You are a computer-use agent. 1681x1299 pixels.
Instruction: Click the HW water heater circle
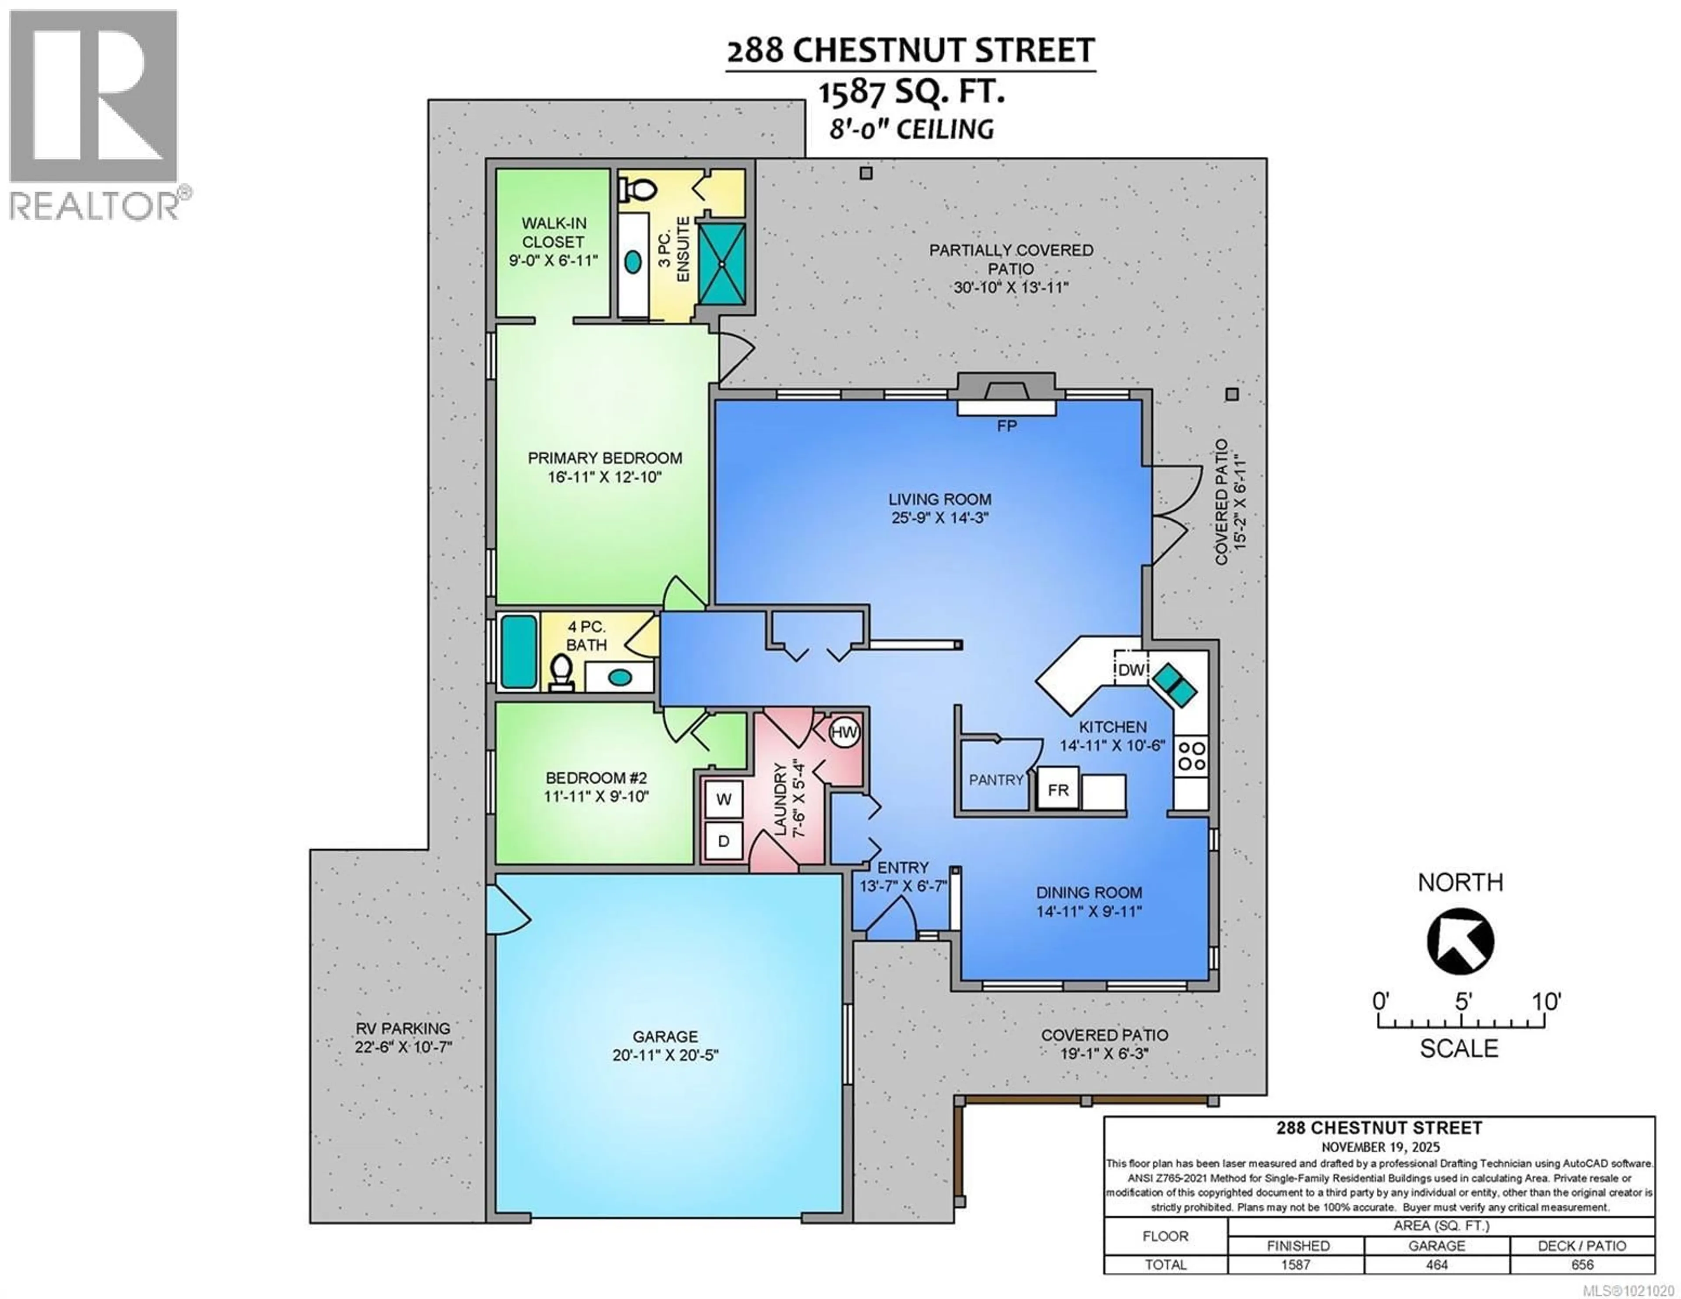844,732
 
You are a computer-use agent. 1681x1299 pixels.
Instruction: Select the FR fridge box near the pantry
1058,790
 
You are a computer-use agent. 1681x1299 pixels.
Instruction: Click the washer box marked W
724,799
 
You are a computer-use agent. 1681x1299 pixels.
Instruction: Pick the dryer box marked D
724,841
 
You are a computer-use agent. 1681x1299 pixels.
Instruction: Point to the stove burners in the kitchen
1191,755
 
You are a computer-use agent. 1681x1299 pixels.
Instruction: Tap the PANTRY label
996,780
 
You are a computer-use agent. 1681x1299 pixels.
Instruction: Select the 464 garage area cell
1436,1264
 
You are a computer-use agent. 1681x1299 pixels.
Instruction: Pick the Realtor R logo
93,96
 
